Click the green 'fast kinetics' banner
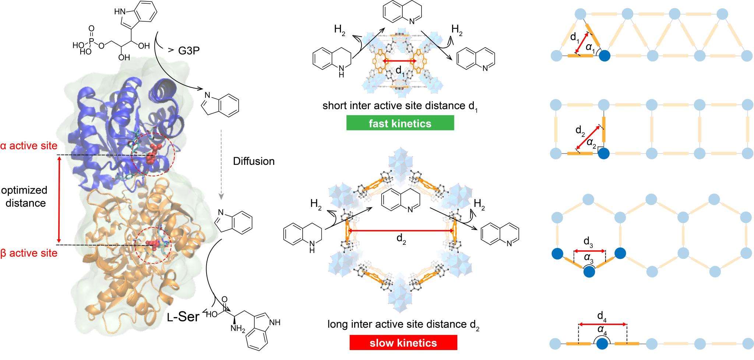[400, 123]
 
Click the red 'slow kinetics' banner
[403, 343]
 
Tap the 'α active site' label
[29, 146]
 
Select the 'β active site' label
[29, 253]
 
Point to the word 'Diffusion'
[254, 161]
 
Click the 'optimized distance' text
[25, 196]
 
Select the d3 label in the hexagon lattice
[588, 242]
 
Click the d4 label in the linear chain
[602, 315]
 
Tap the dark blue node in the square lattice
[603, 153]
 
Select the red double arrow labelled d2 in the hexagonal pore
[401, 231]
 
